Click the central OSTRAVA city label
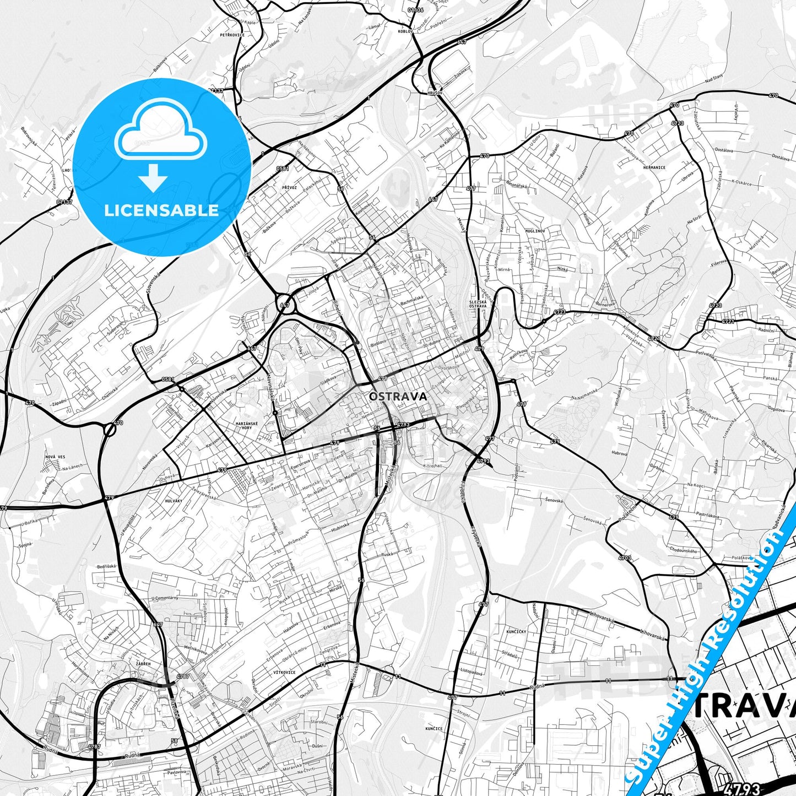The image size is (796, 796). [398, 396]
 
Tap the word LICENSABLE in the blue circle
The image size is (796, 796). [161, 210]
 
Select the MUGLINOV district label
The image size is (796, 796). [535, 231]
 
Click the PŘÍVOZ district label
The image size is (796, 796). [289, 187]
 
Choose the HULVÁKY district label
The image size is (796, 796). [173, 501]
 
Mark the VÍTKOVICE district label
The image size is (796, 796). [284, 673]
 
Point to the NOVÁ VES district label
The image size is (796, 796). [55, 457]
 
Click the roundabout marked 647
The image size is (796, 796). [284, 304]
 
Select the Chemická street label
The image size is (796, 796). [111, 394]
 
